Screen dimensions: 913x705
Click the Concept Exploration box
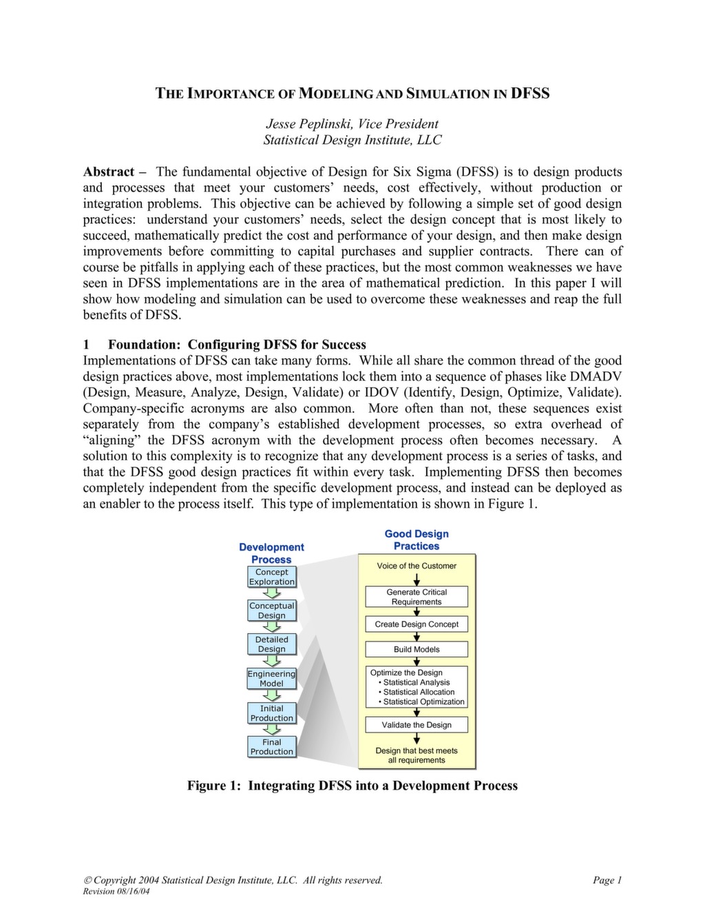(x=271, y=577)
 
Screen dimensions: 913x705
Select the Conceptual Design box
(x=271, y=611)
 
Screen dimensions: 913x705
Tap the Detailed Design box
(x=271, y=644)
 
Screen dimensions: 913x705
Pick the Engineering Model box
(x=271, y=679)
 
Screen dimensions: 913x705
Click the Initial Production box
(x=271, y=713)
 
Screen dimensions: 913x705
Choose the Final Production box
(x=271, y=747)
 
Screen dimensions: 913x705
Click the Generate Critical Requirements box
(x=417, y=597)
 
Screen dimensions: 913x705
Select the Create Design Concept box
(x=417, y=624)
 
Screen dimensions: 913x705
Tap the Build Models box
(x=417, y=649)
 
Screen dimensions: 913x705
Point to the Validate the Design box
(x=417, y=725)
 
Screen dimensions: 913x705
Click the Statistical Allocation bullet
(x=419, y=692)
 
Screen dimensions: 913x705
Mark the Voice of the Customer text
(x=417, y=566)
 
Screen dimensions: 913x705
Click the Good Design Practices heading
(x=417, y=540)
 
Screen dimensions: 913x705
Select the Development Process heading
(x=271, y=553)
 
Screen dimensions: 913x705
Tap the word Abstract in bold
(x=109, y=172)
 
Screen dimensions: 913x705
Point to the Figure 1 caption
(x=352, y=786)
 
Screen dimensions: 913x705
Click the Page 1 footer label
(x=607, y=880)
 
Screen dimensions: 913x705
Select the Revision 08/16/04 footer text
(x=116, y=892)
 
